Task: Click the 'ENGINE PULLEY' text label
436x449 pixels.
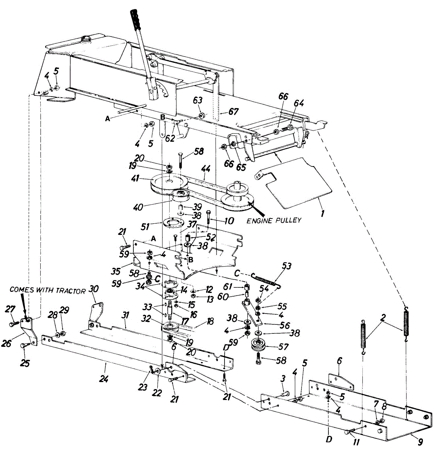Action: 274,220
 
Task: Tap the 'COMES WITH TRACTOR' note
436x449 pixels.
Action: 47,291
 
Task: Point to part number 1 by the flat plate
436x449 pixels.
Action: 322,214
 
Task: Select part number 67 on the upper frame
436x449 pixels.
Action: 234,112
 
